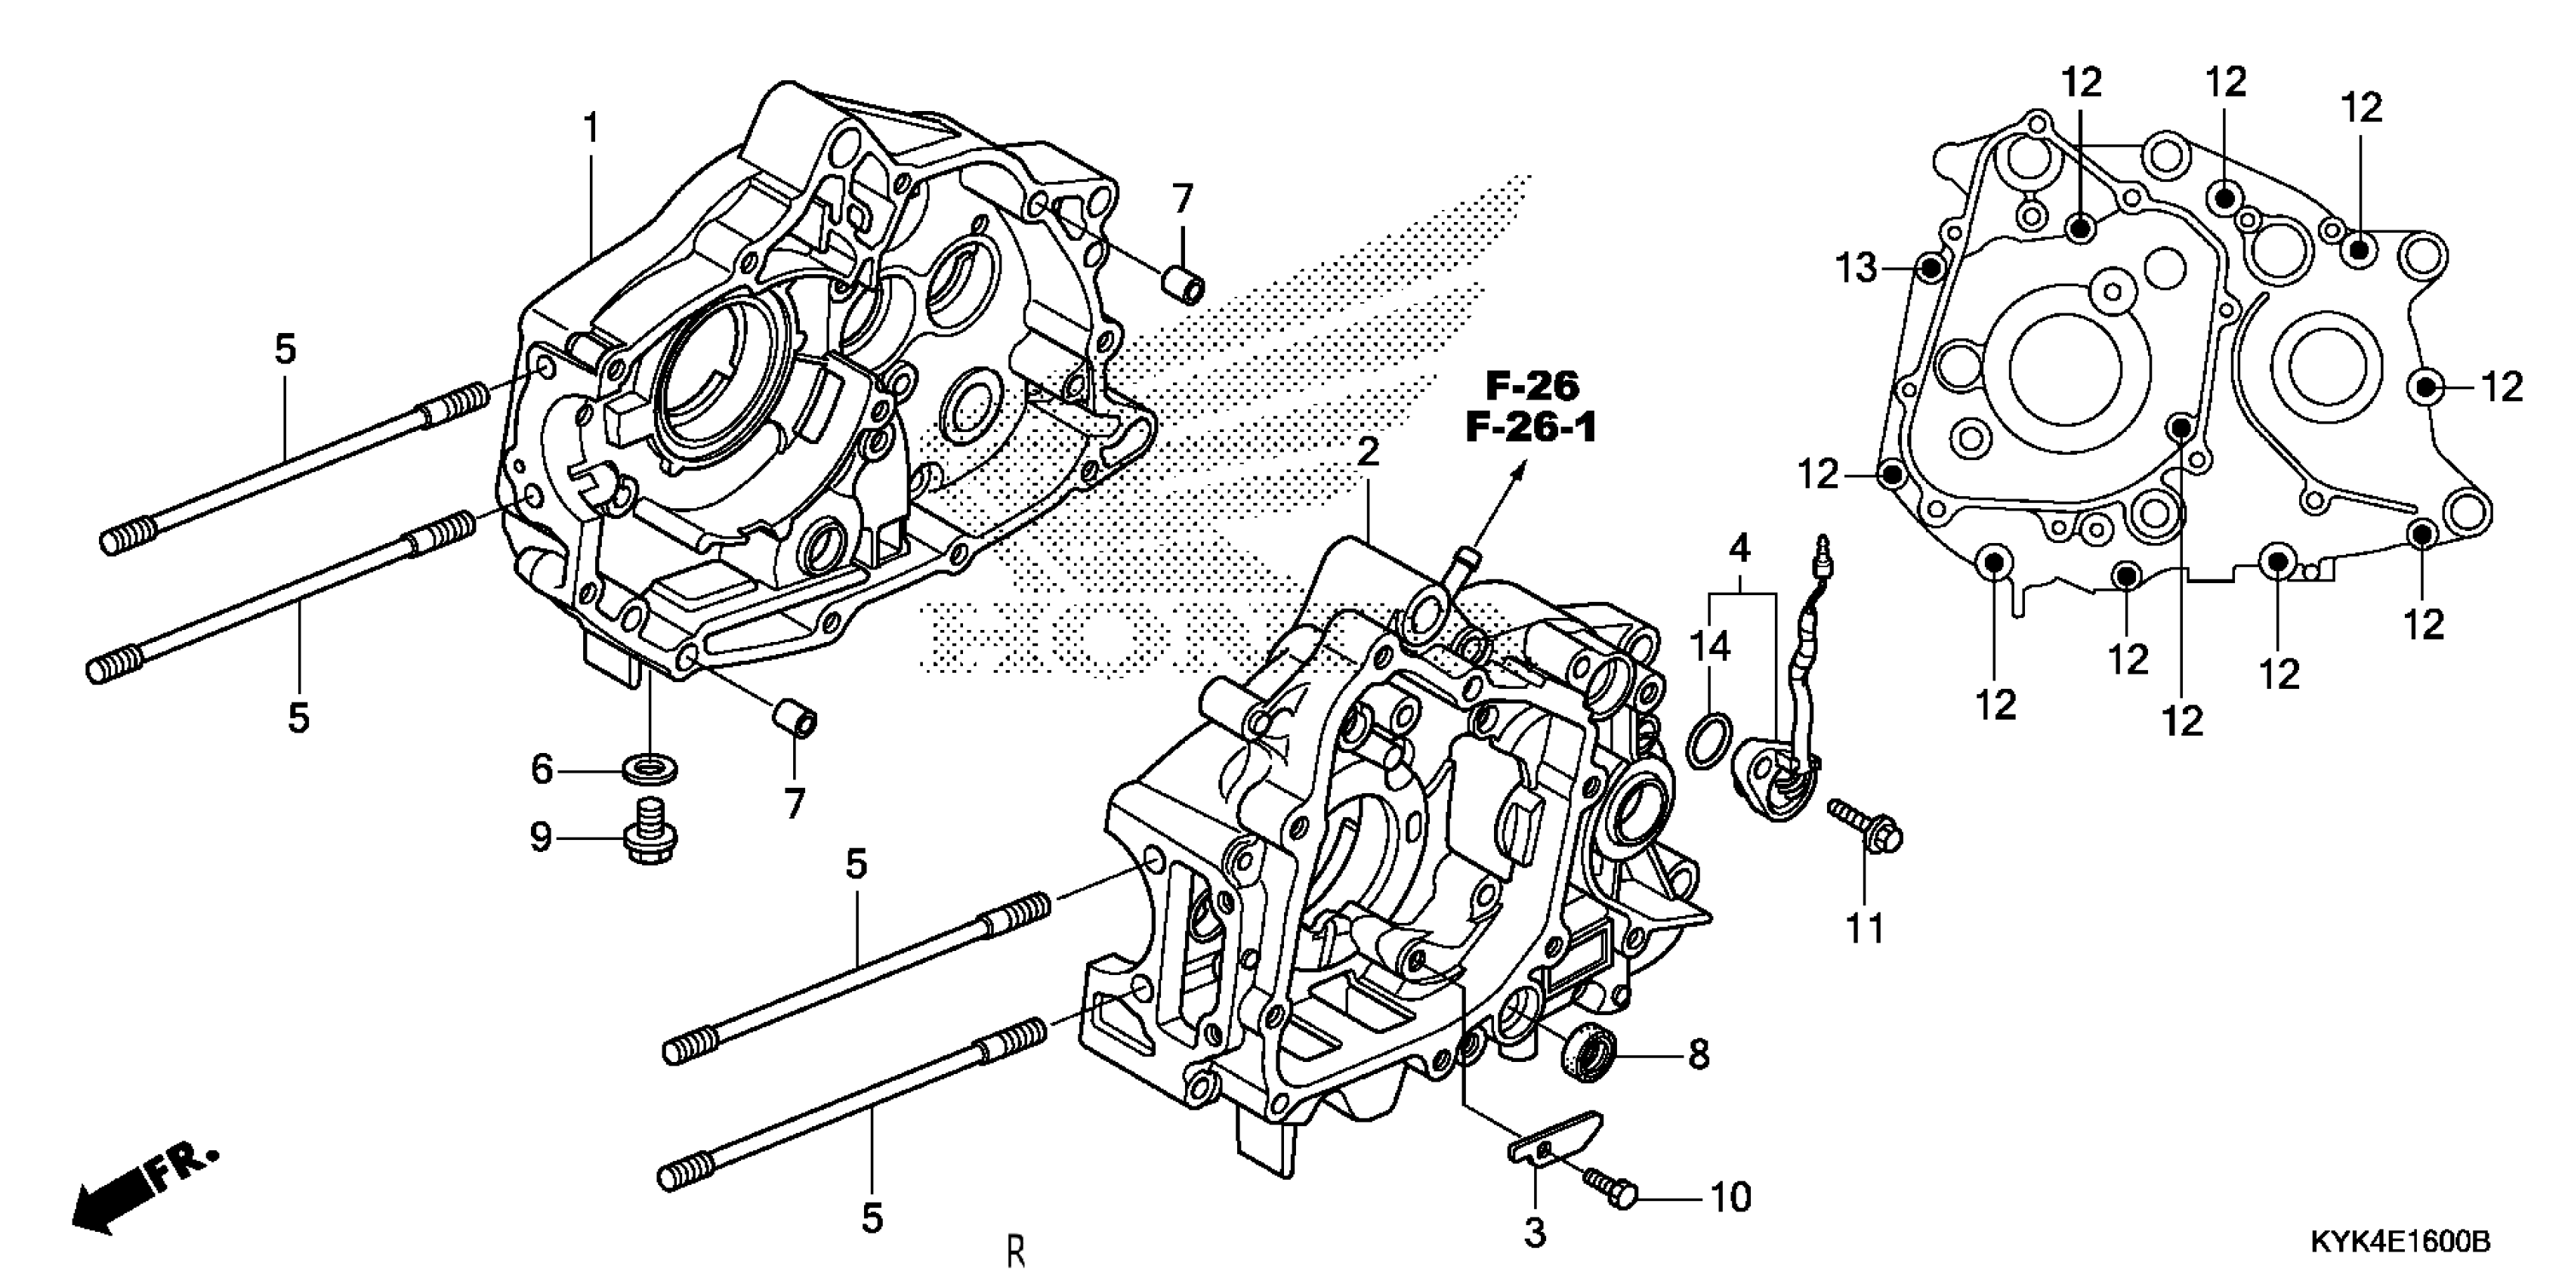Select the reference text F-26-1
[x=1531, y=427]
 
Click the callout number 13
[x=1857, y=268]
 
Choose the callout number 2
[x=1368, y=452]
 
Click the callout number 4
[x=1739, y=548]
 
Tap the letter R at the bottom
[x=1015, y=1250]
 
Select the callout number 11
[x=1865, y=929]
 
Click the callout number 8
[x=1699, y=1054]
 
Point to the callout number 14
[x=1710, y=648]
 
